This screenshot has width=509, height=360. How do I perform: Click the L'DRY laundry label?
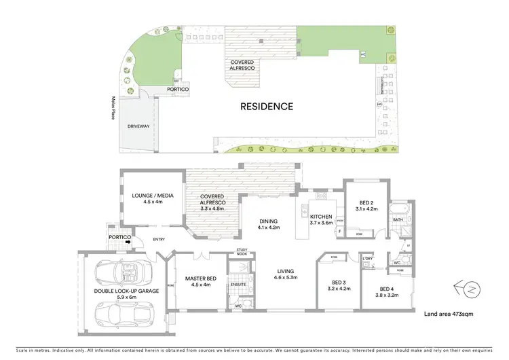click(369, 258)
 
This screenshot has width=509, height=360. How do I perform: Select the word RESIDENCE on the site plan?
click(267, 106)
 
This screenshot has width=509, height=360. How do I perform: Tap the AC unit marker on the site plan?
click(363, 54)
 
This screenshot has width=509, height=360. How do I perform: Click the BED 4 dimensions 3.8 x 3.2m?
click(390, 295)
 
